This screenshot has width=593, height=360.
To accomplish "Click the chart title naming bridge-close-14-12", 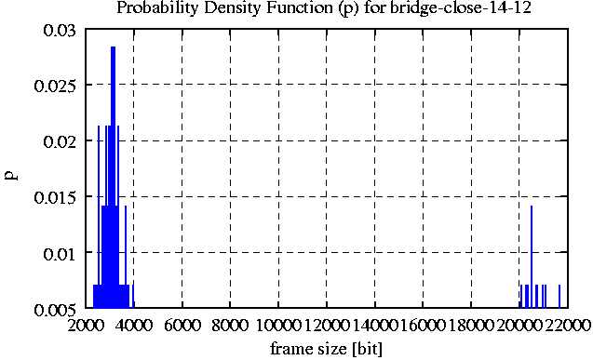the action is (324, 8).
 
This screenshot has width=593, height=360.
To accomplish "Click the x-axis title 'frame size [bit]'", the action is (326, 348).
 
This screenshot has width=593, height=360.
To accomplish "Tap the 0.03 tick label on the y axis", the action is (60, 30).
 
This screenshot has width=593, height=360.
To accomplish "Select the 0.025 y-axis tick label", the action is (55, 87).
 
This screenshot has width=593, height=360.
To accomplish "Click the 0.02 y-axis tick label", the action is (60, 142).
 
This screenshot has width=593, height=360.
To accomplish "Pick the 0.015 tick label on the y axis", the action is (55, 197).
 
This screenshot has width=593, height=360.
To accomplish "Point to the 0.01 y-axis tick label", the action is (60, 253).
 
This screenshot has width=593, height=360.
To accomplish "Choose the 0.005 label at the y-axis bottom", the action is (55, 310).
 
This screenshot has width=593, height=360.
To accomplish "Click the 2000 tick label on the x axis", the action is (86, 325).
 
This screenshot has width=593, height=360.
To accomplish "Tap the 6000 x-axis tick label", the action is (182, 325).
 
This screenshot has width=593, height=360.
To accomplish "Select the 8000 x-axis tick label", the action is (230, 325).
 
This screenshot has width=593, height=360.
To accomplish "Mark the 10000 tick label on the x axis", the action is (278, 325).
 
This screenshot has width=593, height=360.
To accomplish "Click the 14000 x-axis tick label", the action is (375, 325).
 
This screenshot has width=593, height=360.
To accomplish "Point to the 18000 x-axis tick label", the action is (471, 325).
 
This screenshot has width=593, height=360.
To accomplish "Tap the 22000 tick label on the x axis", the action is (568, 325).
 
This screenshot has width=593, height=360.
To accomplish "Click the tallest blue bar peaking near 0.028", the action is (113, 177).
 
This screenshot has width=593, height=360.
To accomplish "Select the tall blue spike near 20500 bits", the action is (532, 257).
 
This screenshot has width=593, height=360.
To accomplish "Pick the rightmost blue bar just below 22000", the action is (559, 296).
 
